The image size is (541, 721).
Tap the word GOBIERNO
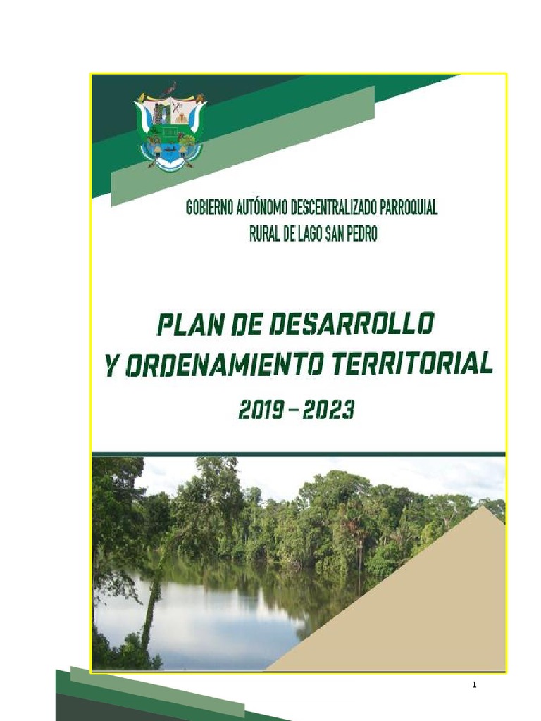click(210, 208)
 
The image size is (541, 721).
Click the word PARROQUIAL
click(409, 208)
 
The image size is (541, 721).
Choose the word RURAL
click(265, 234)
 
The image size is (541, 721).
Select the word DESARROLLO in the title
click(352, 324)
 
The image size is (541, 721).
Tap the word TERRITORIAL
click(412, 364)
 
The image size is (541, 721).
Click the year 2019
click(261, 410)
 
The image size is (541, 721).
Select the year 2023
click(329, 410)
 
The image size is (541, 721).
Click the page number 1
click(474, 684)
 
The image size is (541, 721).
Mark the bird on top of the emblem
click(170, 88)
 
